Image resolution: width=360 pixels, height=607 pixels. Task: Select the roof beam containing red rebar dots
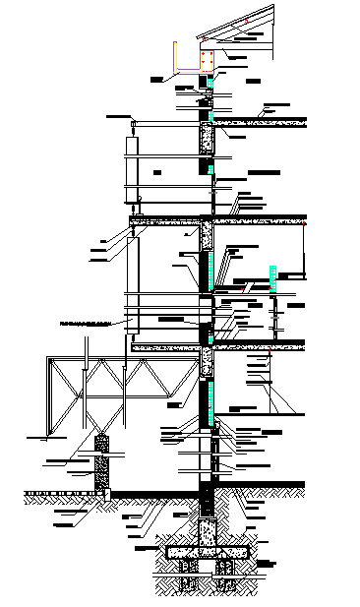(x=207, y=61)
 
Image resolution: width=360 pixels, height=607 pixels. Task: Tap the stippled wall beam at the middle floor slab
(x=208, y=236)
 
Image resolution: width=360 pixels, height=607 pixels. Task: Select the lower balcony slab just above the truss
(x=167, y=346)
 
